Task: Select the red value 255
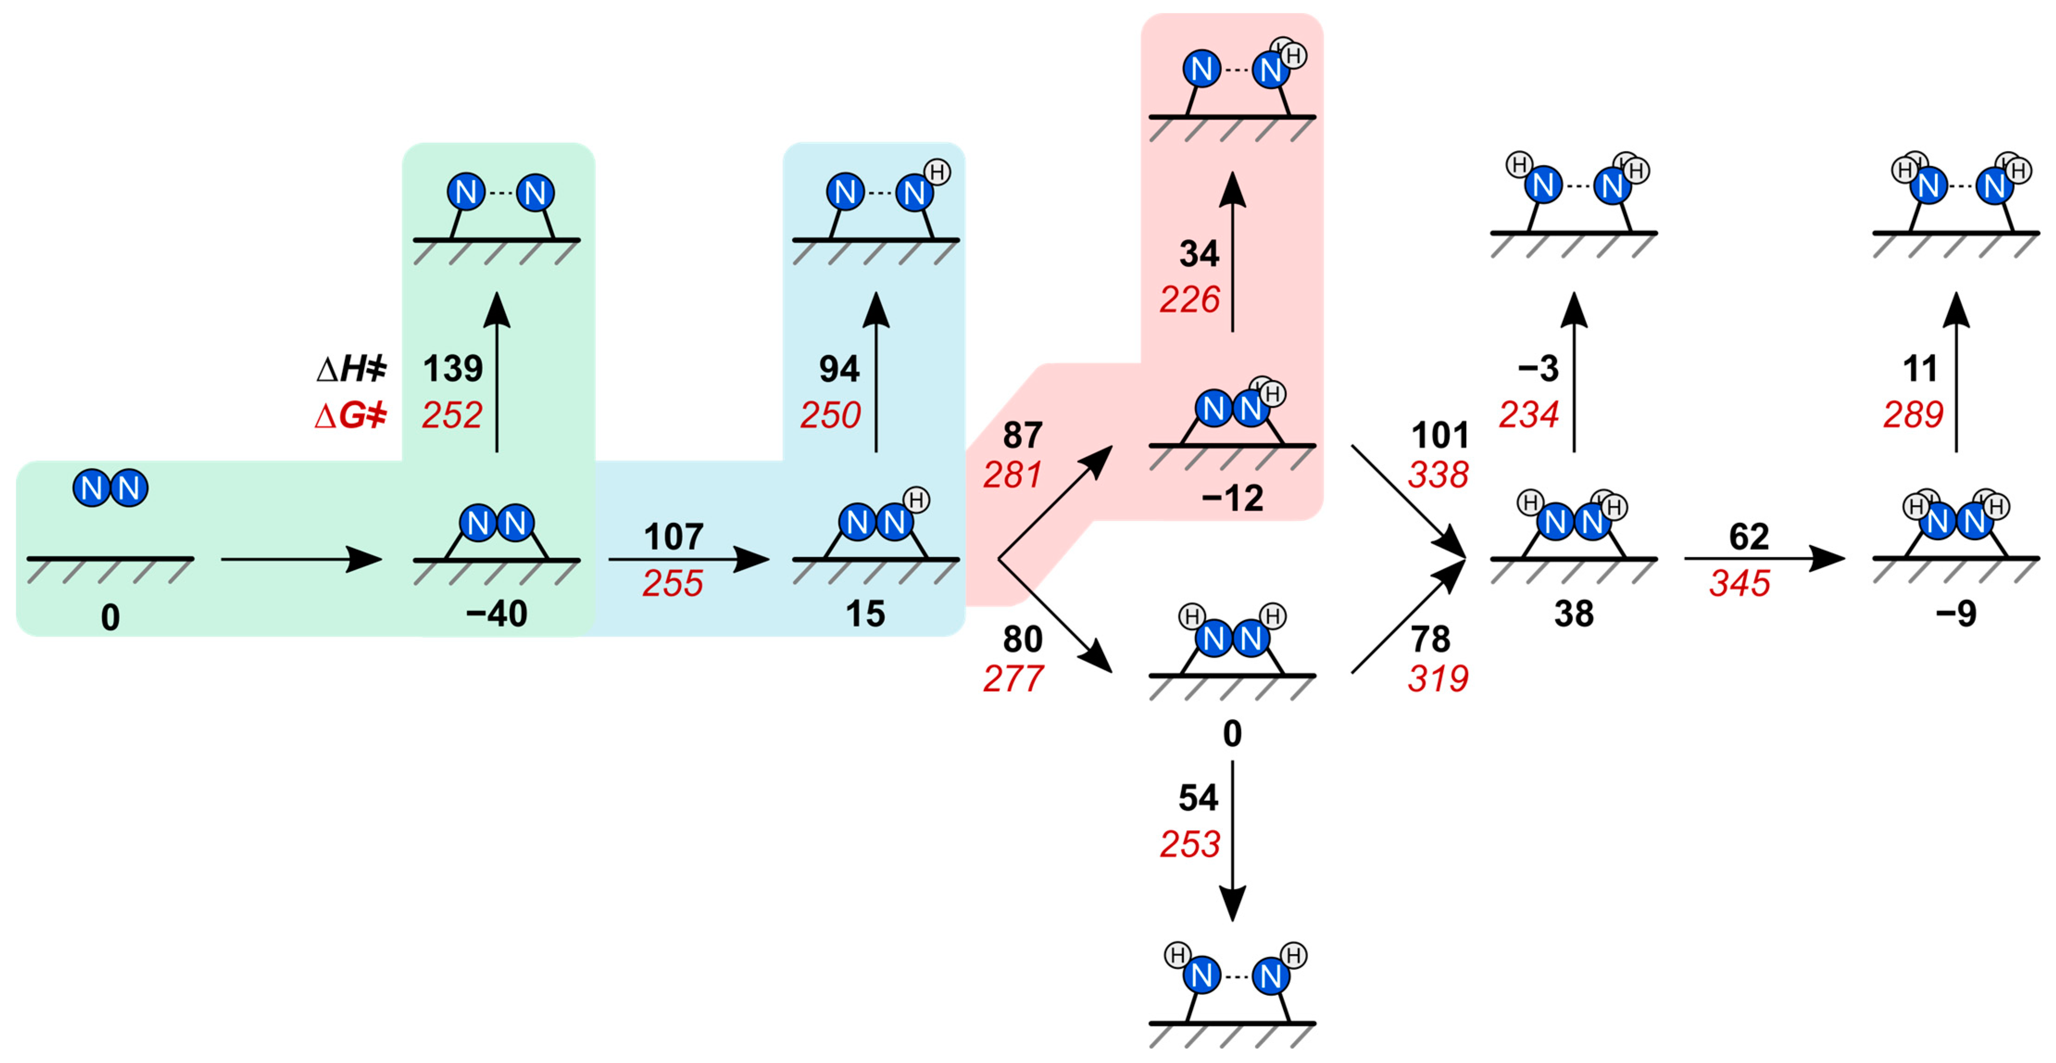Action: click(673, 583)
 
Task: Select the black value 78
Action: click(1430, 639)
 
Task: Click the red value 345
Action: click(1740, 583)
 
